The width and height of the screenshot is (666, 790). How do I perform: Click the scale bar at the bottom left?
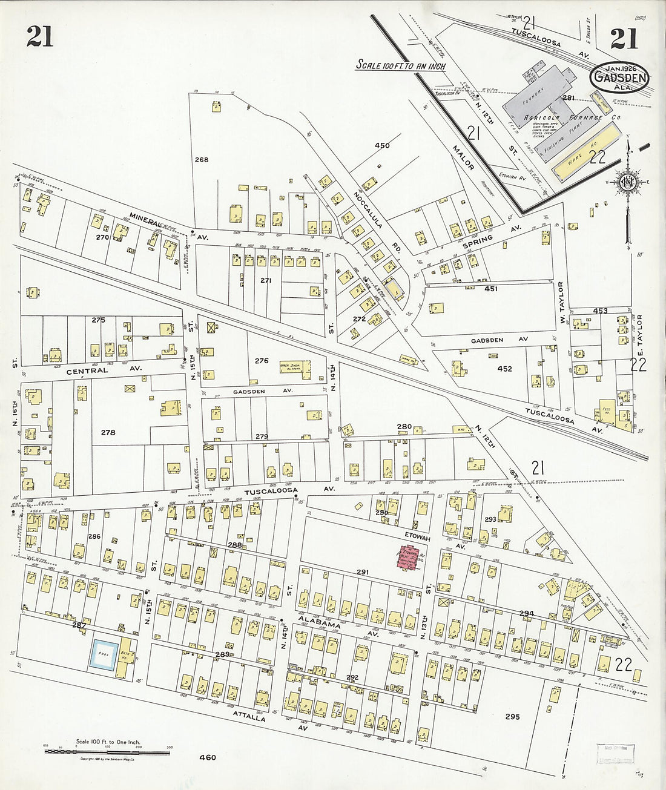pos(107,752)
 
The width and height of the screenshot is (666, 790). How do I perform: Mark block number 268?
pos(201,160)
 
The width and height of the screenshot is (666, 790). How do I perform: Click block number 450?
pos(382,145)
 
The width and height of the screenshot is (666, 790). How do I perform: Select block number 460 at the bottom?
pos(207,757)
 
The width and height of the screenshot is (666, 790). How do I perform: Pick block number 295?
pos(512,717)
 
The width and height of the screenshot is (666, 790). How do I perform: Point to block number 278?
pos(108,432)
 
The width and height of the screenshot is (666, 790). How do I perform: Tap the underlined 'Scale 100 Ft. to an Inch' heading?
pos(400,65)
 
